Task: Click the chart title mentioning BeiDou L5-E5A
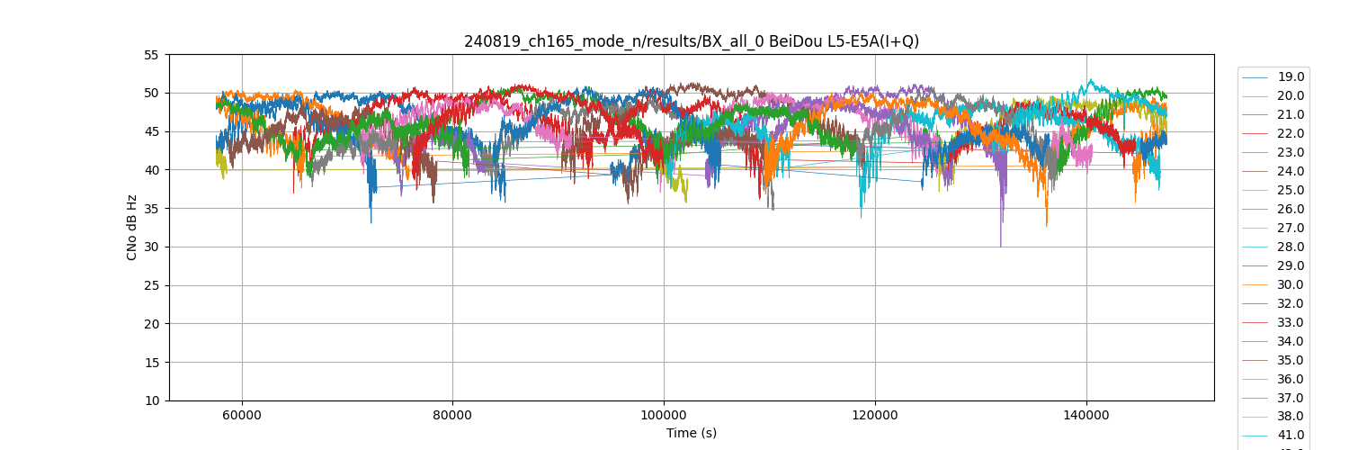[691, 41]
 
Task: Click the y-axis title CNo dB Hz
[132, 228]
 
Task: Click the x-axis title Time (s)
[691, 433]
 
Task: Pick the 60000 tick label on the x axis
[242, 415]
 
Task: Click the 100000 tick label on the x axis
[664, 415]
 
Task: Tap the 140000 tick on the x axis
[1086, 415]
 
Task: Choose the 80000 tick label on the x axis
[452, 415]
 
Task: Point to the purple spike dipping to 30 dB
[1000, 245]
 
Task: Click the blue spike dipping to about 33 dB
[371, 221]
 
